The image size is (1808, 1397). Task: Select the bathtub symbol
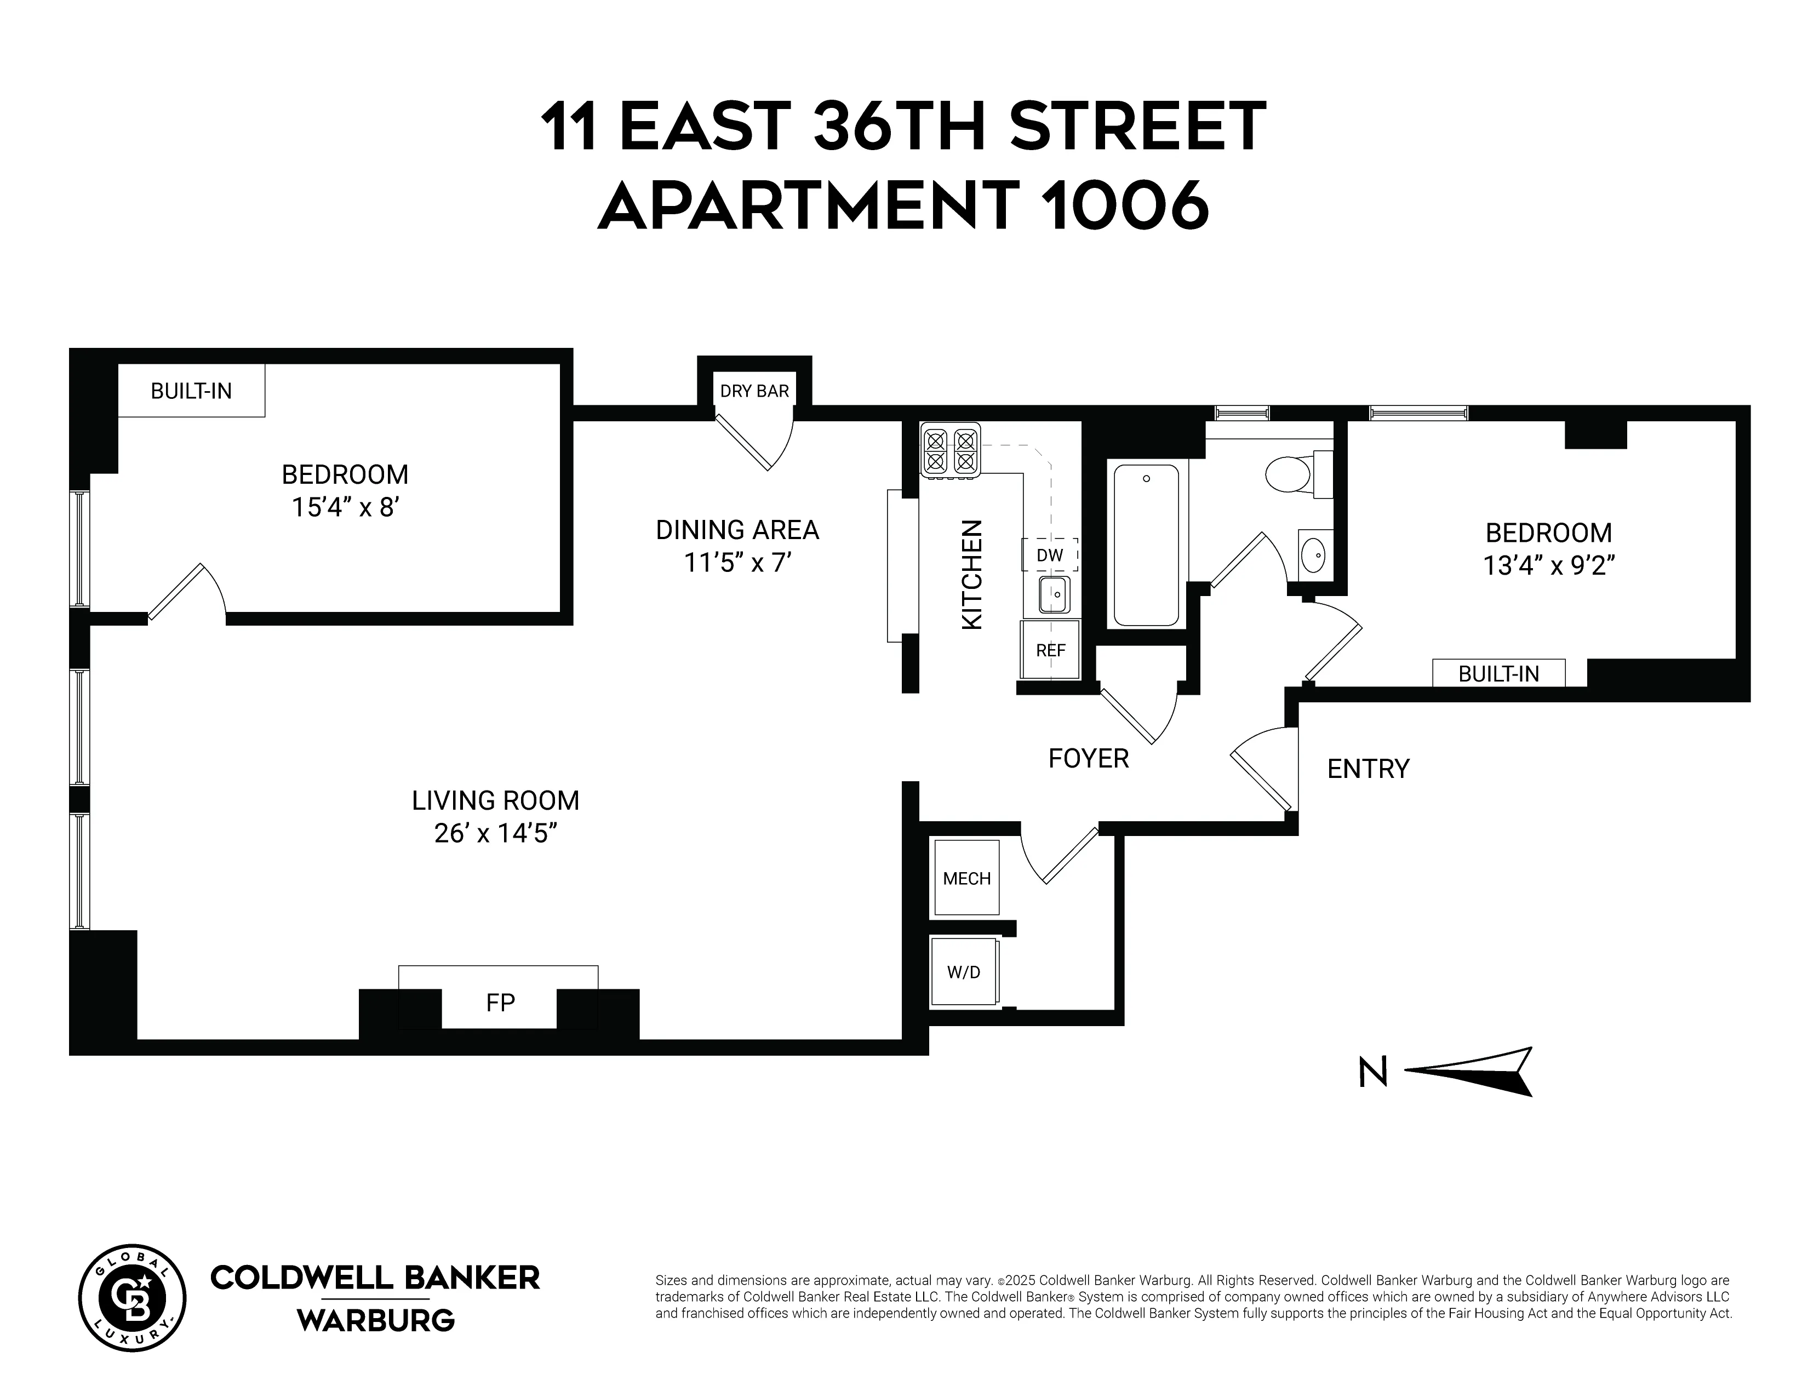1146,545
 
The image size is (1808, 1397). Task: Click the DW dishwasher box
1050,554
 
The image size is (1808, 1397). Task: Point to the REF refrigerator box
1050,650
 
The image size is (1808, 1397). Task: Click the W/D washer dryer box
964,972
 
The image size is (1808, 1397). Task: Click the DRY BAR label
754,391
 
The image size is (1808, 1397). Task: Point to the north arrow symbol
1469,1072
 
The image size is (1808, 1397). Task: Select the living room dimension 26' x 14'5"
495,833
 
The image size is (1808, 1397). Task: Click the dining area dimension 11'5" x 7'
737,563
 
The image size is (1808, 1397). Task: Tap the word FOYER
1088,758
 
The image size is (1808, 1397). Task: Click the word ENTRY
1368,769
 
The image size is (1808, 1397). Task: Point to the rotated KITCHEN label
972,574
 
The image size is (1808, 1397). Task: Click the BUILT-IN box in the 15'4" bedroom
191,391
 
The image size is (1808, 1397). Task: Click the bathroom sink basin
1312,554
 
